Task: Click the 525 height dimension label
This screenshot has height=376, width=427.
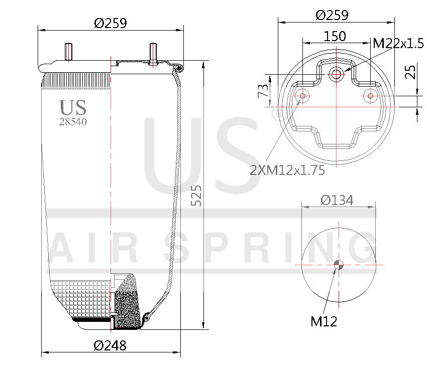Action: coord(197,195)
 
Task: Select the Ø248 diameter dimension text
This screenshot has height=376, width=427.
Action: coord(110,345)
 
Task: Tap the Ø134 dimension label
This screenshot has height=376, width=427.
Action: coord(337,201)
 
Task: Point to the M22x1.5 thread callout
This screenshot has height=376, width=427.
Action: coord(398,44)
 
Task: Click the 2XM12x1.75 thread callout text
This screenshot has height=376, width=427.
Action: coord(287,170)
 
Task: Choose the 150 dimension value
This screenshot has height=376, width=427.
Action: coord(335,36)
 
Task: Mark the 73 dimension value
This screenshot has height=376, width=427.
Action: coord(262,92)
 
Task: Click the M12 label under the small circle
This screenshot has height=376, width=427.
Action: coord(324,321)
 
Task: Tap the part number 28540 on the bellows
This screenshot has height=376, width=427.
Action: coord(73,121)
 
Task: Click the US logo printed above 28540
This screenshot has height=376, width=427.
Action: coord(73,107)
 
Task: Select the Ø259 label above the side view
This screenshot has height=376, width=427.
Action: coord(111,23)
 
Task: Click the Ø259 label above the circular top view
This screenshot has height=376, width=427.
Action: coord(332,15)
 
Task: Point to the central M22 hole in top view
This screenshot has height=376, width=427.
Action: coord(336,76)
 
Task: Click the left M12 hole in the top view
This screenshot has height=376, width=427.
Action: coord(302,96)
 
